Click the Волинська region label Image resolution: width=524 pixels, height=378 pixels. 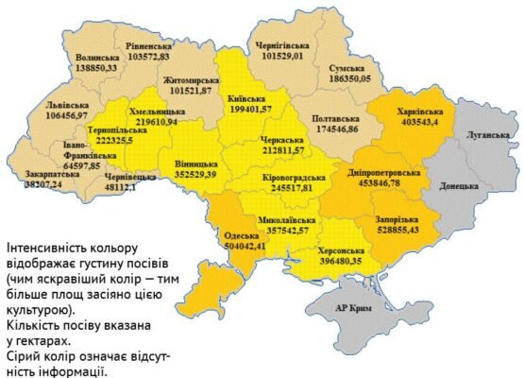(x=97, y=58)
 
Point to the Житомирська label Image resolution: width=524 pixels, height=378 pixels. (x=191, y=80)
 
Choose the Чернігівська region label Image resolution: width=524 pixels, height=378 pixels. (x=283, y=44)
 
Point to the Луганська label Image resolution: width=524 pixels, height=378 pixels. (x=487, y=135)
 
